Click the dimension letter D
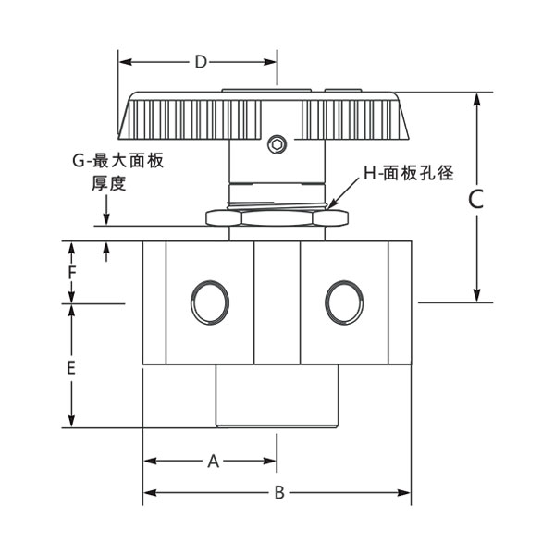(x=200, y=63)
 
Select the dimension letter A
(x=212, y=460)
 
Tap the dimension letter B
(x=278, y=492)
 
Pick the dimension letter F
(x=71, y=273)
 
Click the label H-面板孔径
(x=408, y=173)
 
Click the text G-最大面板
(x=118, y=160)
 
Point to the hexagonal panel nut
(x=277, y=220)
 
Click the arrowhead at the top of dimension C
(x=476, y=98)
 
